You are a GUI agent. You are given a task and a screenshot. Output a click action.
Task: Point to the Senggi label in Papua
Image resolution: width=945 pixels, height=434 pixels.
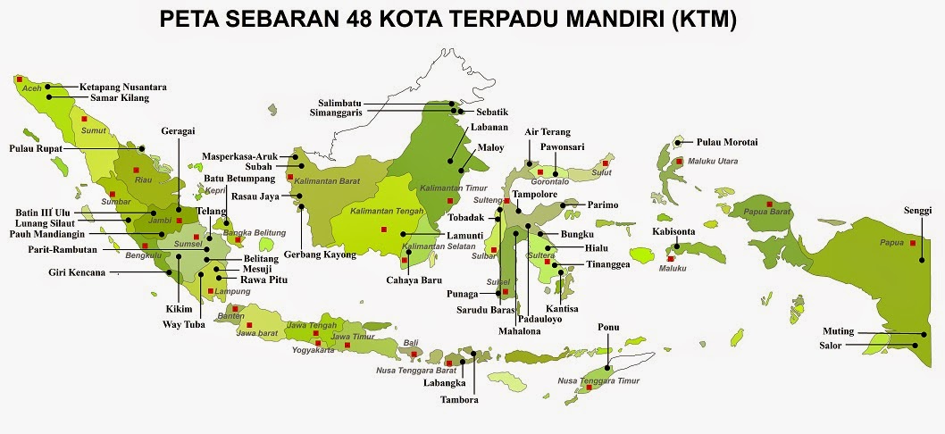[917, 210]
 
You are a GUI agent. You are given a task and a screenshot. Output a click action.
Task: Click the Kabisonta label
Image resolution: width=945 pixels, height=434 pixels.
[673, 231]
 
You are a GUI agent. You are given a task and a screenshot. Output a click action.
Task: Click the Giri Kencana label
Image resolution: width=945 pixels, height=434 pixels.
[77, 271]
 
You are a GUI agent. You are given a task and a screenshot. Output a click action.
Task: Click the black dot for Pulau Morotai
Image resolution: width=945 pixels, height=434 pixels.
[678, 142]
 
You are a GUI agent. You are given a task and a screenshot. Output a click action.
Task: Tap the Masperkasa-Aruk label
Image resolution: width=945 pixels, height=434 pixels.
[238, 155]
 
